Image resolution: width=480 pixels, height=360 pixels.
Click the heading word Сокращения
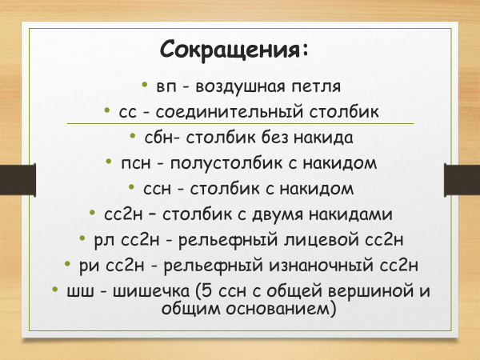click(230, 49)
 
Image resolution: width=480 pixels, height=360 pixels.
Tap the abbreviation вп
click(166, 87)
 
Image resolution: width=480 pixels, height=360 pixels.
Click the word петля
click(316, 87)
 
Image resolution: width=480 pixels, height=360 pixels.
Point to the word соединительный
click(230, 112)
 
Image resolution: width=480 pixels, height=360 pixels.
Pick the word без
click(275, 137)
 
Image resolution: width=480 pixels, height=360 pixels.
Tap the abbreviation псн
click(136, 164)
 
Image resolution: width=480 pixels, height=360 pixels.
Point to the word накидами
click(350, 214)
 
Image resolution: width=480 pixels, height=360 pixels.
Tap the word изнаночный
click(321, 266)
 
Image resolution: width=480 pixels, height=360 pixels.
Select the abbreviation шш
click(81, 292)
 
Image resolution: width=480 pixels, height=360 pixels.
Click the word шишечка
click(151, 291)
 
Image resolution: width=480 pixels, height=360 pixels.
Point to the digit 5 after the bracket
click(207, 291)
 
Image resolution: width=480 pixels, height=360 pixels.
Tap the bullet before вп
click(145, 84)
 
